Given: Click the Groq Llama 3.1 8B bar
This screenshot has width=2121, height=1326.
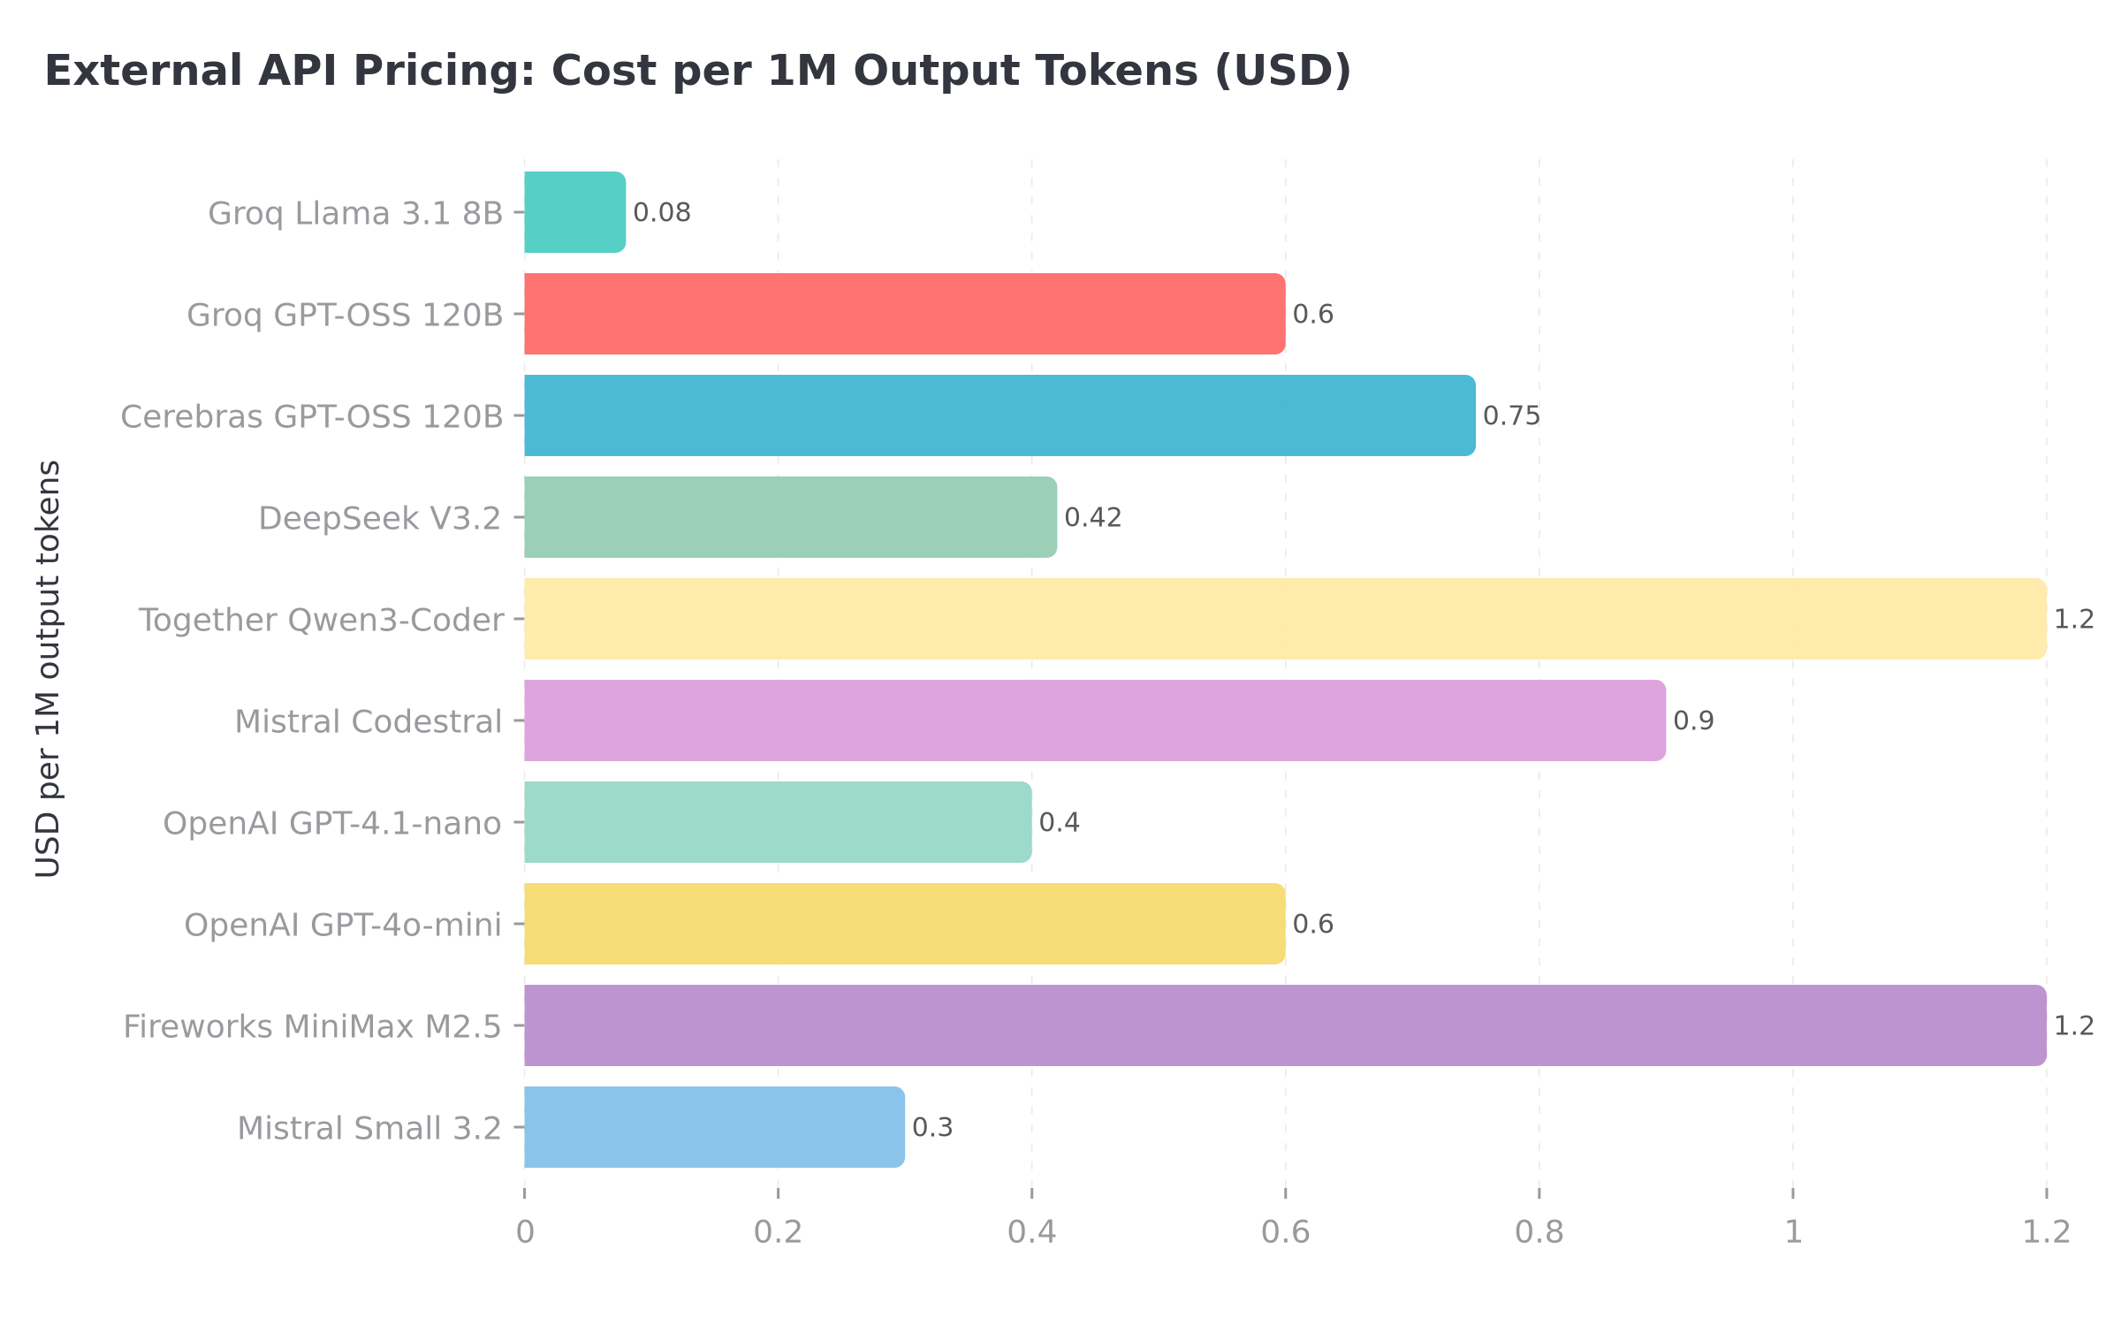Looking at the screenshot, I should tap(574, 212).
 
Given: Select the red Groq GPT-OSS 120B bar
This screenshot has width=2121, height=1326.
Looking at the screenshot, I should tap(904, 314).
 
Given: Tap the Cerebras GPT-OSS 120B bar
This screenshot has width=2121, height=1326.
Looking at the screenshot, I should tap(999, 415).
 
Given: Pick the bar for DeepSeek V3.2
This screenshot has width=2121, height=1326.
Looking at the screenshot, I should tap(790, 517).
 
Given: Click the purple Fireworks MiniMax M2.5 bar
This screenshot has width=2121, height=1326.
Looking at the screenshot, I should tap(1284, 1025).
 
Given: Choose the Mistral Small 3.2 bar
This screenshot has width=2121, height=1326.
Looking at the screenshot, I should tap(714, 1127).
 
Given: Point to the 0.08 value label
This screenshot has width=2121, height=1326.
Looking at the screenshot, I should tap(662, 213).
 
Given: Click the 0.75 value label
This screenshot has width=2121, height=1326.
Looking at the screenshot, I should tap(1511, 416).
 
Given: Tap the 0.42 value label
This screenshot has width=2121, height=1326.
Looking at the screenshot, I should tap(1092, 518).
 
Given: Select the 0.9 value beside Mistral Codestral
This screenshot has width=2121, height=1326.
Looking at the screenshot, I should tap(1693, 721).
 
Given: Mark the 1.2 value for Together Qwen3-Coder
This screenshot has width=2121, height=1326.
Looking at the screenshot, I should tap(2073, 620).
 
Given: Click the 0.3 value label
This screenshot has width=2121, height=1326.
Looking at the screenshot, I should tap(932, 1128).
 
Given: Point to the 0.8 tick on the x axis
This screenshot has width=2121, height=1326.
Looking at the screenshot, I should tap(1539, 1232).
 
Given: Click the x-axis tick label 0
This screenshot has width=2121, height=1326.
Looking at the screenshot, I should tap(525, 1232).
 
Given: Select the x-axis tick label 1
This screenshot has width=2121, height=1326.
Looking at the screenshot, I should tap(1793, 1232).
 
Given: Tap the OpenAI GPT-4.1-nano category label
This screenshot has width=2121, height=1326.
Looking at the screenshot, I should tap(331, 823).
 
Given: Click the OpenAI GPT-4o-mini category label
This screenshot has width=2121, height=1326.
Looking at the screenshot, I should tap(342, 925).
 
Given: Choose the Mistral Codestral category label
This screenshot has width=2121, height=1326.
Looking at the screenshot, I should tap(368, 721).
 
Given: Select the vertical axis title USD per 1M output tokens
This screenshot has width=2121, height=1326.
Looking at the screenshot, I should tap(49, 668).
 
